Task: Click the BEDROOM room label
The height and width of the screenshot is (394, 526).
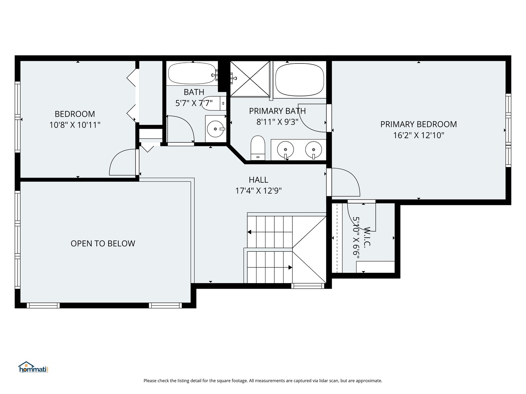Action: [75, 114]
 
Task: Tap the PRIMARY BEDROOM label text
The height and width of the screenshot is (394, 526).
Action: [418, 124]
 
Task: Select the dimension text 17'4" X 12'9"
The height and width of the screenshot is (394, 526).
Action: [258, 191]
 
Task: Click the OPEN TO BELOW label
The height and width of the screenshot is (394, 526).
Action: [103, 244]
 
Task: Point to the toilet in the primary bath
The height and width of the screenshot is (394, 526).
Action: [258, 148]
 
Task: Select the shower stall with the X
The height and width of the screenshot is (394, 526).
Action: [250, 79]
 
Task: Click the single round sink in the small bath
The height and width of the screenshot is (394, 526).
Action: [216, 129]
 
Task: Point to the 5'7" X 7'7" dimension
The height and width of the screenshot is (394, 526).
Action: [194, 103]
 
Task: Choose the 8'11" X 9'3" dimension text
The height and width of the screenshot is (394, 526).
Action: [277, 122]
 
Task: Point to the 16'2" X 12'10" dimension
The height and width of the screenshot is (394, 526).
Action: [418, 135]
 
